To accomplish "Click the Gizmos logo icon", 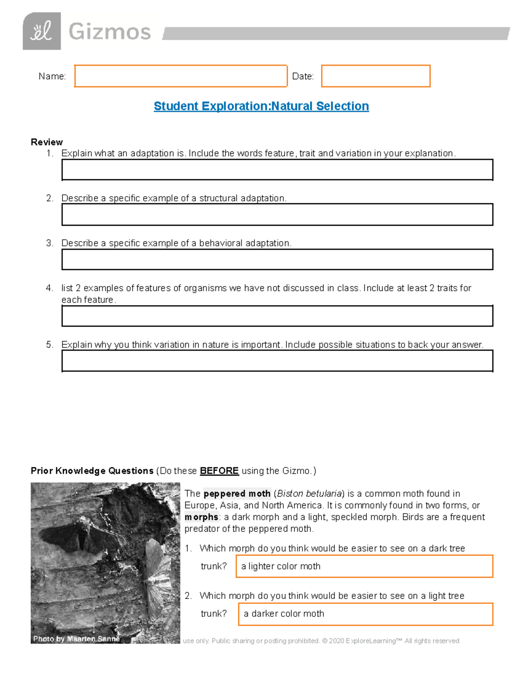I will (41, 31).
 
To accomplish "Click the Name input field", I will (180, 76).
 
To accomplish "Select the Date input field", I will (376, 76).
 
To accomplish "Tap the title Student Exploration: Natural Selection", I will (261, 106).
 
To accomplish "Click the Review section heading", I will (47, 142).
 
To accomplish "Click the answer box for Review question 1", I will (277, 170).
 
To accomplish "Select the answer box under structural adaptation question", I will (277, 214).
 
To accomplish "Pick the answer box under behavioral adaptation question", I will (277, 260).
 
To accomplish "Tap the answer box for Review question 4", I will (277, 316).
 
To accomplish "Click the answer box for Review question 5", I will (277, 361).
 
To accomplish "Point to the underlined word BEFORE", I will (219, 471).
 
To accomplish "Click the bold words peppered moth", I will (237, 494).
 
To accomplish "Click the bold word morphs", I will (201, 517).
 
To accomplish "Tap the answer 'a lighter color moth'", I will (281, 566).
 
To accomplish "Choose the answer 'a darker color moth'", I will (284, 614).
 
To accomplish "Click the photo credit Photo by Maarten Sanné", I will (76, 639).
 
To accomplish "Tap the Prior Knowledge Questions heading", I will (92, 471).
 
